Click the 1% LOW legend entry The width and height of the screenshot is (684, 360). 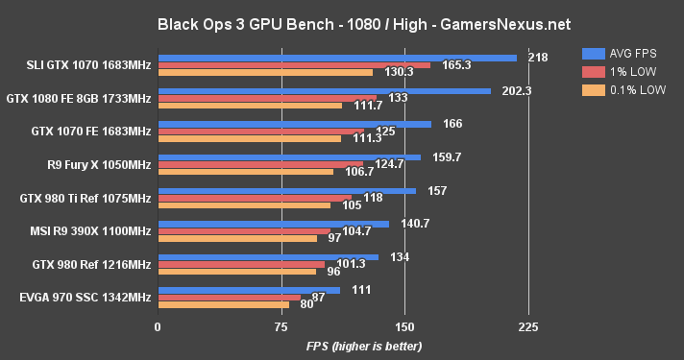click(623, 71)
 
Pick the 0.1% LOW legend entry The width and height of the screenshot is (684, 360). click(628, 90)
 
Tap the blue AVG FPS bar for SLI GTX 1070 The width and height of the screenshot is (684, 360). click(336, 58)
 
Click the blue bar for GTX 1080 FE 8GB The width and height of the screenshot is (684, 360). click(324, 91)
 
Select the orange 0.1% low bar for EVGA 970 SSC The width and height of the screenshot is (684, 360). click(223, 304)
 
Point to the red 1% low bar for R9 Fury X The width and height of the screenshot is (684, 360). click(259, 164)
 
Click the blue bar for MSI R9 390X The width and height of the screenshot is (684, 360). click(273, 224)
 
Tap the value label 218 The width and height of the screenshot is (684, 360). click(538, 58)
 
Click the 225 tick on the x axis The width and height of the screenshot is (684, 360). click(527, 326)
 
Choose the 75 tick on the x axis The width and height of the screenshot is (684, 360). click(281, 326)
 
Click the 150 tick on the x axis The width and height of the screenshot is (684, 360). click(404, 326)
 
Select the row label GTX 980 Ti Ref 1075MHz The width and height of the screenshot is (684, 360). click(85, 198)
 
